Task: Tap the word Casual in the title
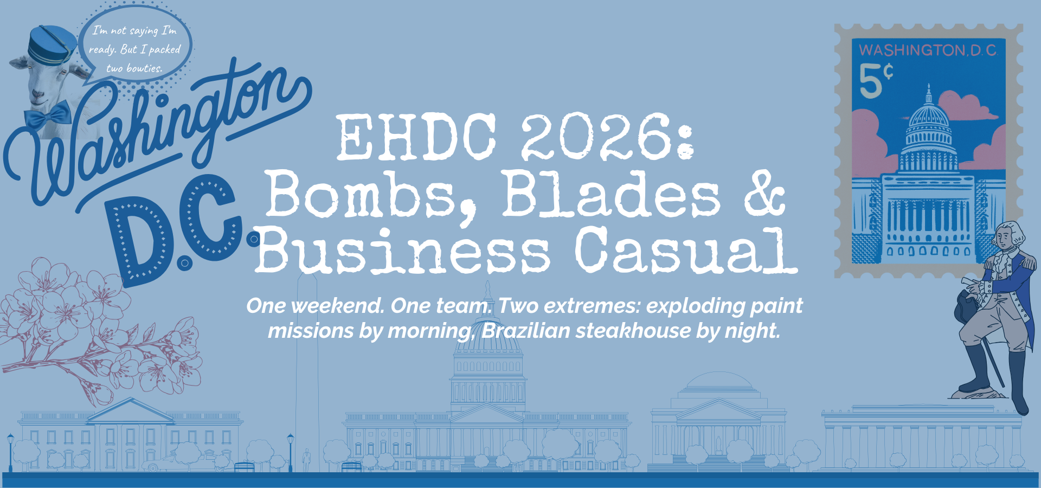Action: click(x=686, y=251)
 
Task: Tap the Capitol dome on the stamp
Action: click(x=929, y=117)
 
